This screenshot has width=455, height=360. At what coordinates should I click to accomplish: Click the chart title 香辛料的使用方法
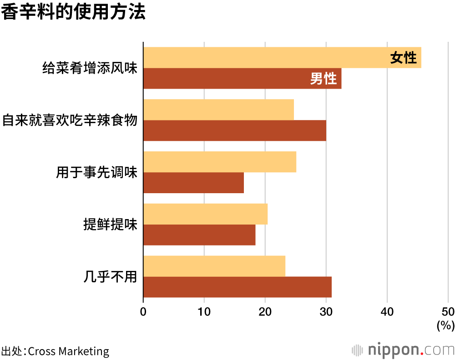pyautogui.click(x=73, y=13)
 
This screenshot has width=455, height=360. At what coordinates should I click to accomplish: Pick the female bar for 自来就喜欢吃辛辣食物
pyautogui.click(x=218, y=110)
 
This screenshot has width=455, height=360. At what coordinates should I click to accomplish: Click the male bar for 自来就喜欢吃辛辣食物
pyautogui.click(x=234, y=130)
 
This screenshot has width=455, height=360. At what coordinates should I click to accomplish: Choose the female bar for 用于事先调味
pyautogui.click(x=220, y=162)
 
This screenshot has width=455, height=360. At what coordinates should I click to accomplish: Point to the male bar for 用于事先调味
pyautogui.click(x=193, y=183)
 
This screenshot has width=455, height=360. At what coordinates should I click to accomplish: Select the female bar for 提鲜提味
pyautogui.click(x=205, y=214)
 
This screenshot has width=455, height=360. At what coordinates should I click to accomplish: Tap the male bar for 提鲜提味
pyautogui.click(x=199, y=235)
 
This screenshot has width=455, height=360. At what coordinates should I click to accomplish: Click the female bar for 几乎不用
pyautogui.click(x=214, y=266)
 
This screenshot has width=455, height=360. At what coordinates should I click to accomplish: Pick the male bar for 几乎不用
pyautogui.click(x=237, y=287)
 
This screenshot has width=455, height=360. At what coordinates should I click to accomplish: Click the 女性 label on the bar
pyautogui.click(x=403, y=58)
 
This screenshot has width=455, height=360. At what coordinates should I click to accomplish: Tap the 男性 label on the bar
pyautogui.click(x=324, y=79)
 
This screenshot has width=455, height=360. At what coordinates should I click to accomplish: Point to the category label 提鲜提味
pyautogui.click(x=110, y=225)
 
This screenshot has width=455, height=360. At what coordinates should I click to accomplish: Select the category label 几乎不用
pyautogui.click(x=110, y=277)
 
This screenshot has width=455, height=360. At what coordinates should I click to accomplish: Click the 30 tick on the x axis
pyautogui.click(x=326, y=312)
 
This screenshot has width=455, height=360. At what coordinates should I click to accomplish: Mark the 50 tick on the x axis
pyautogui.click(x=448, y=312)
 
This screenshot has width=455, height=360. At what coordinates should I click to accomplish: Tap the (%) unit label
pyautogui.click(x=445, y=325)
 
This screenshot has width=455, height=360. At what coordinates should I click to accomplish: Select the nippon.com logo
pyautogui.click(x=403, y=350)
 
